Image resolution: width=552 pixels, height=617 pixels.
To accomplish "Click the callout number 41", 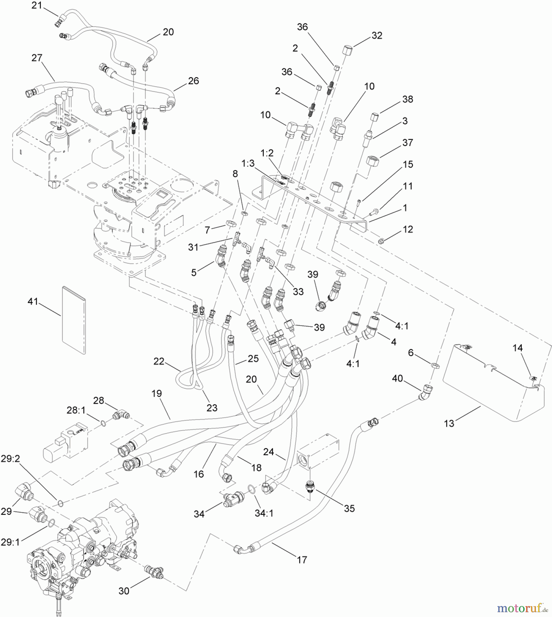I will pyautogui.click(x=33, y=302).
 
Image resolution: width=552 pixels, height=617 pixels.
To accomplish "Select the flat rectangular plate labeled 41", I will pyautogui.click(x=74, y=320).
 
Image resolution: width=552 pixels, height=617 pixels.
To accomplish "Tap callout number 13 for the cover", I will pyautogui.click(x=449, y=423).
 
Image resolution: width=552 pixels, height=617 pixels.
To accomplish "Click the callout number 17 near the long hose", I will pyautogui.click(x=302, y=560).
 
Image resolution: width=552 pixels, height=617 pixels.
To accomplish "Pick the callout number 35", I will pyautogui.click(x=349, y=508).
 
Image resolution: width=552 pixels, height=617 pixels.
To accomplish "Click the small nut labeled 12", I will pyautogui.click(x=380, y=241).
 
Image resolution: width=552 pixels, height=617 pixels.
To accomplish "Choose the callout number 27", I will pyautogui.click(x=37, y=58).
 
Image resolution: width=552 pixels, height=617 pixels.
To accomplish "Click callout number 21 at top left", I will pyautogui.click(x=36, y=5).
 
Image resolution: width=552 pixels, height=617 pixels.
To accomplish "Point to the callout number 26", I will pyautogui.click(x=193, y=81).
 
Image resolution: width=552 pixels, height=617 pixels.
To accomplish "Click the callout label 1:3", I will pyautogui.click(x=248, y=163).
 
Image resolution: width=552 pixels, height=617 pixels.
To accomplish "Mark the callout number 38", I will pyautogui.click(x=407, y=99).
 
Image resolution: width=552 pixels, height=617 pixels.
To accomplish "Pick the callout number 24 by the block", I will pyautogui.click(x=268, y=452).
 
